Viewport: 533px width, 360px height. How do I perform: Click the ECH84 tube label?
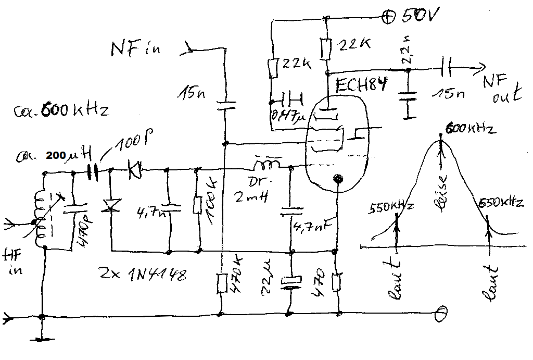pyautogui.click(x=361, y=85)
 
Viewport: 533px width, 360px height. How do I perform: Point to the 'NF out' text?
pyautogui.click(x=501, y=87)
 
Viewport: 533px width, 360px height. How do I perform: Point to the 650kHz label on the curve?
pyautogui.click(x=500, y=203)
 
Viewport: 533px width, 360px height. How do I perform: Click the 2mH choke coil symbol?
pyautogui.click(x=266, y=165)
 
